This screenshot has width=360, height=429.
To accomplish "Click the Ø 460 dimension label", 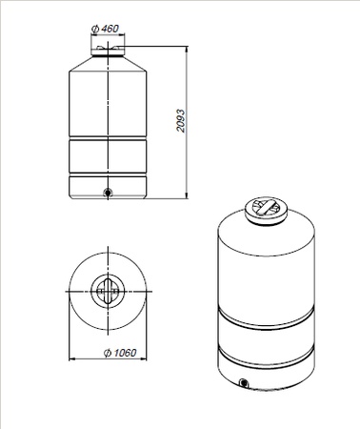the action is click(x=105, y=29).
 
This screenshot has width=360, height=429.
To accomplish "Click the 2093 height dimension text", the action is click(x=181, y=121).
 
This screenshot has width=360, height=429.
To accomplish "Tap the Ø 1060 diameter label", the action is click(x=120, y=353).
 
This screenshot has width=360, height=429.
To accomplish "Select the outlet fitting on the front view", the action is click(x=108, y=193).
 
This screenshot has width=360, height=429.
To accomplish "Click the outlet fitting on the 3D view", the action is click(x=244, y=382).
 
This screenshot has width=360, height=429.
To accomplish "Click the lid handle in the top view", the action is click(x=108, y=291).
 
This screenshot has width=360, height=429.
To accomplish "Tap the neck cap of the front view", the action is click(x=108, y=51).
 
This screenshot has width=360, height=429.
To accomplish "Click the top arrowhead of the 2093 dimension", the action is click(x=187, y=50).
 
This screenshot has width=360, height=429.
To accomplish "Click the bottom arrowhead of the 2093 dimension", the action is click(x=187, y=195).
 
